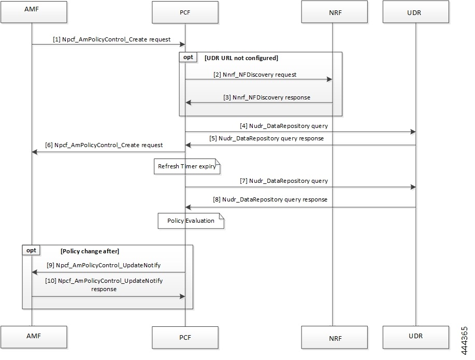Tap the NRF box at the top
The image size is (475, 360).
pyautogui.click(x=334, y=11)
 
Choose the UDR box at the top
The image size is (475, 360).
pyautogui.click(x=415, y=11)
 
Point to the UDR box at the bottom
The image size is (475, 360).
pyautogui.click(x=415, y=336)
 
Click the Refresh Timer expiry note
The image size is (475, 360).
pyautogui.click(x=187, y=166)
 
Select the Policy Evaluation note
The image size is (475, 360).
pyautogui.click(x=191, y=221)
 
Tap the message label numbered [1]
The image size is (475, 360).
pyautogui.click(x=111, y=39)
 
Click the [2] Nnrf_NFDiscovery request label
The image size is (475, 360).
pyautogui.click(x=255, y=75)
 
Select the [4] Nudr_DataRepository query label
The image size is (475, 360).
pyautogui.click(x=284, y=126)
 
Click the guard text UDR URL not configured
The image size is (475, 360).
pyautogui.click(x=241, y=57)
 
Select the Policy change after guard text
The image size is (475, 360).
pyautogui.click(x=90, y=251)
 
